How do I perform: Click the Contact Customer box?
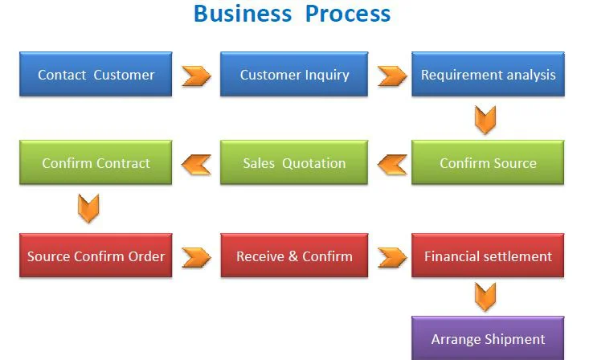click(x=96, y=74)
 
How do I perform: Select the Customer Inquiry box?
click(x=294, y=74)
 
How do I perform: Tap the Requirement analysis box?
click(x=488, y=74)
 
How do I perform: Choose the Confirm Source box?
click(x=488, y=162)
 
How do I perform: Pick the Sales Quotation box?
click(x=294, y=162)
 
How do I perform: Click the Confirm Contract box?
click(x=96, y=162)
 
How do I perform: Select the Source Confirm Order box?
click(x=96, y=256)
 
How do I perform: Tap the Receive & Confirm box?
click(x=294, y=256)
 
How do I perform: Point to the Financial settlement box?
click(x=488, y=256)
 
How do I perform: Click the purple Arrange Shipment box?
click(x=488, y=338)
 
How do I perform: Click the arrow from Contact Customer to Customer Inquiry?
click(x=196, y=76)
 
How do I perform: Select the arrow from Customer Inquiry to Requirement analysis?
click(x=392, y=76)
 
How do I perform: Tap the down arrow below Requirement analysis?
click(x=485, y=120)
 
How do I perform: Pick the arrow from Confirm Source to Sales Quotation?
click(x=392, y=165)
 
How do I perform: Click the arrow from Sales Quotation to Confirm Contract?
click(x=196, y=165)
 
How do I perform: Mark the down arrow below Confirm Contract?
click(x=88, y=209)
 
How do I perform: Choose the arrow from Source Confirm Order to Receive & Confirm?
click(x=196, y=258)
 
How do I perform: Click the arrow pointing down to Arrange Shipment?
click(x=485, y=297)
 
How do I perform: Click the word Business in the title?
click(x=243, y=14)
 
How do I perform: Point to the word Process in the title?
click(x=348, y=14)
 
